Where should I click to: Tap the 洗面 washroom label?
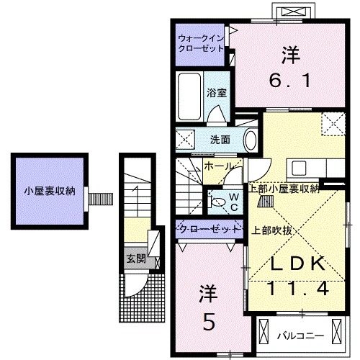coord(220,140)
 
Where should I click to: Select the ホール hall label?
coord(218,166)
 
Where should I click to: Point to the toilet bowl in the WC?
coord(219,202)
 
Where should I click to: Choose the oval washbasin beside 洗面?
coord(250,139)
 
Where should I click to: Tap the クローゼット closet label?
coord(209,229)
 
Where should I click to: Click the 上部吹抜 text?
coord(271,231)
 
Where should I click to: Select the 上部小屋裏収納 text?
coord(284,189)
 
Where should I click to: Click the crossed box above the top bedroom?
coord(297,12)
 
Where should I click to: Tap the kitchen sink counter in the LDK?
coord(297,170)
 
